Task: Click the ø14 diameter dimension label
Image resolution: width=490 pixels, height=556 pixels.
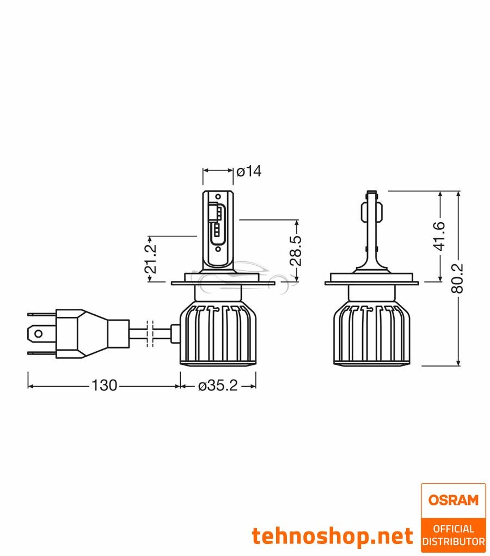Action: tap(249, 171)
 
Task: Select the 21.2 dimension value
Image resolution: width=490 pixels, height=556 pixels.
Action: tap(151, 259)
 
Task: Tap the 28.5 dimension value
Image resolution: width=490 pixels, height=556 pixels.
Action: tap(296, 251)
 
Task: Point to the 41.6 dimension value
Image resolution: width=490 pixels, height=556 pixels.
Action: tap(440, 236)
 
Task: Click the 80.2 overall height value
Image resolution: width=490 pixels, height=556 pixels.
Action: tap(458, 278)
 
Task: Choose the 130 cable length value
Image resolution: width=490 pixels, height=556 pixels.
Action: tap(104, 386)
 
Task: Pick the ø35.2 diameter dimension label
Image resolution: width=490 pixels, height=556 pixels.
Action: tap(218, 386)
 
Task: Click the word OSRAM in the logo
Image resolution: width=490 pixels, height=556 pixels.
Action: tap(453, 500)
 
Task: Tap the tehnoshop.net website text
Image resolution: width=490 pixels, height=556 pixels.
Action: tap(332, 536)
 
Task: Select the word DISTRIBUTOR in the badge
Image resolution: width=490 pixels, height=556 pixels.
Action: tap(453, 541)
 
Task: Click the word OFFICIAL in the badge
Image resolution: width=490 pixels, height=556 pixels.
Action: tap(453, 529)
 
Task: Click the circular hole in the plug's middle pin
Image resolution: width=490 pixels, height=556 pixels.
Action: tap(38, 333)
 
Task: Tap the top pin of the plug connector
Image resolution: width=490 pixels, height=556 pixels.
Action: tap(41, 314)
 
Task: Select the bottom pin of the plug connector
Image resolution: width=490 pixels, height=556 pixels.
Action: tap(41, 352)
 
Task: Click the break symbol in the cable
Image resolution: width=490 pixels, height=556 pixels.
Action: tap(152, 333)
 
